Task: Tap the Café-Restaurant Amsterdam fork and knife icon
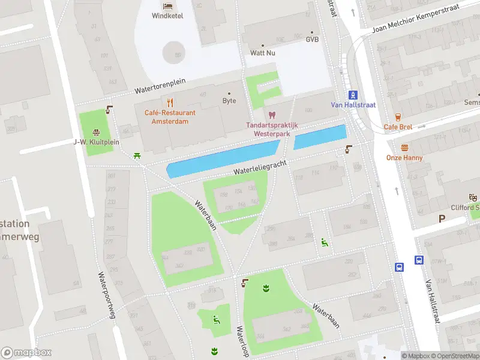[170, 102]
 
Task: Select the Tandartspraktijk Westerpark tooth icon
[272, 115]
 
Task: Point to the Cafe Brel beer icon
[397, 117]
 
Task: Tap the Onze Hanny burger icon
[404, 148]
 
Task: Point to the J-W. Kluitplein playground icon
[96, 132]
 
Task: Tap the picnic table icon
[138, 156]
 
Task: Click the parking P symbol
[442, 219]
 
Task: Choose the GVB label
[312, 40]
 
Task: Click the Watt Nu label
[263, 53]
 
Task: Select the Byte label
[229, 101]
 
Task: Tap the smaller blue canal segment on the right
[320, 137]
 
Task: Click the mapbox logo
[26, 353]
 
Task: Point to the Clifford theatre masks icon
[473, 197]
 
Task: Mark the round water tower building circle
[174, 52]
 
